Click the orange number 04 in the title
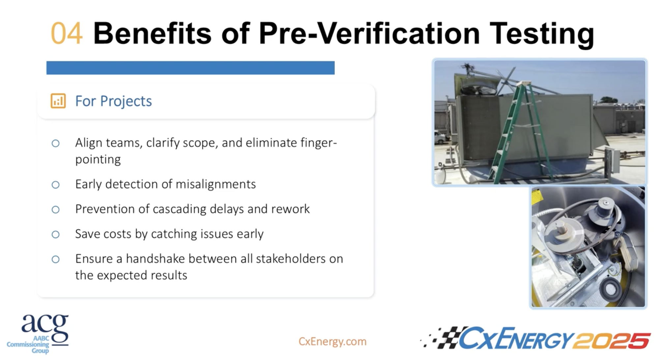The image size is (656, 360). tap(66, 33)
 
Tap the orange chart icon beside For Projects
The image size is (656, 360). tap(58, 101)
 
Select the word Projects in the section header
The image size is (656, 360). tap(126, 101)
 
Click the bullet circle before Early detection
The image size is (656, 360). tap(56, 185)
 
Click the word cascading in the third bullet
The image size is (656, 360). tap(180, 209)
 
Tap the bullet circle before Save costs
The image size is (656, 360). tap(56, 234)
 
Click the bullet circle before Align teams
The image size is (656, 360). tap(56, 143)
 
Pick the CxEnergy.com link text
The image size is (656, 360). tap(332, 341)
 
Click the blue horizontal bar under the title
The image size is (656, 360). tap(190, 68)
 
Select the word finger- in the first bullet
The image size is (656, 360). tap(318, 143)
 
